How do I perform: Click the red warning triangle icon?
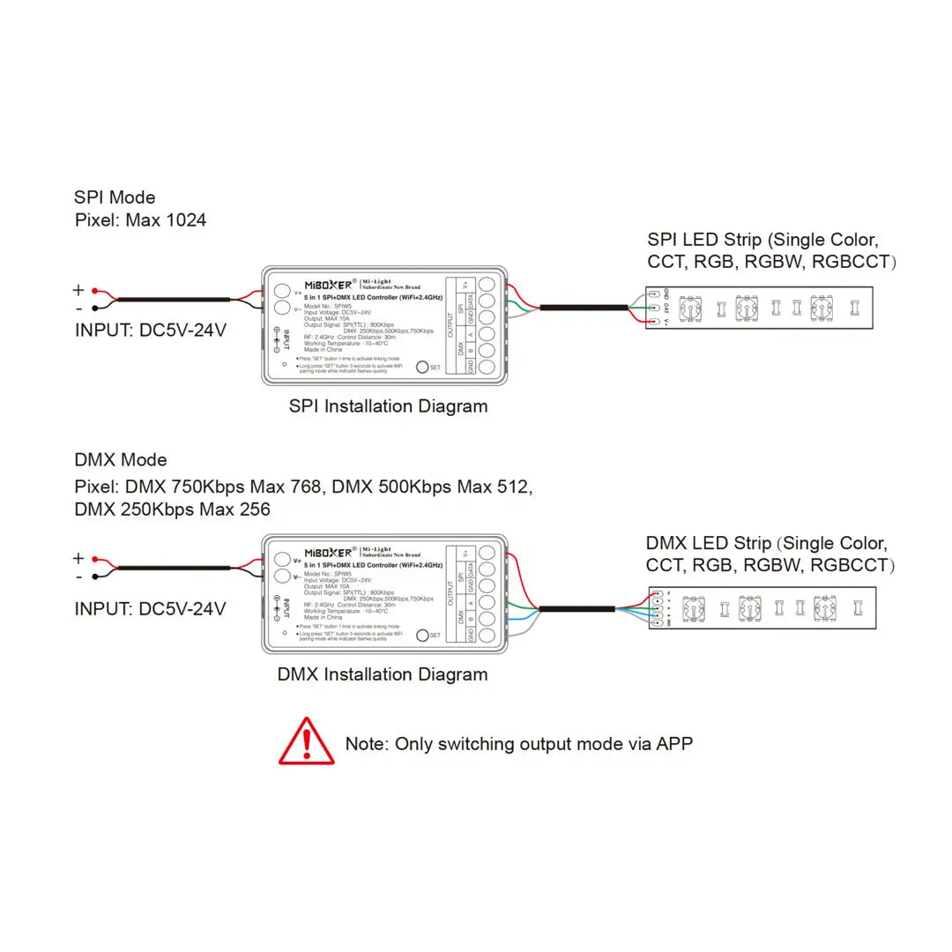click(x=307, y=742)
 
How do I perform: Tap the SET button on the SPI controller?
click(x=421, y=367)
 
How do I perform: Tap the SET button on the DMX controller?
click(x=421, y=635)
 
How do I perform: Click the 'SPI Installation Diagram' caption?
click(x=388, y=406)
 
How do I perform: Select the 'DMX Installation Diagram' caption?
click(x=383, y=674)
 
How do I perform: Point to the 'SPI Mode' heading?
click(x=115, y=197)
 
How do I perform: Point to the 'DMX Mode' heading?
click(x=121, y=459)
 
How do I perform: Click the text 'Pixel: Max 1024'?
click(x=140, y=219)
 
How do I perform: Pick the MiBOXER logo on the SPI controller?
click(x=330, y=284)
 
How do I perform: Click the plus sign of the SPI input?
click(x=78, y=290)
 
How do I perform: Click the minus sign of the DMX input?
click(x=78, y=576)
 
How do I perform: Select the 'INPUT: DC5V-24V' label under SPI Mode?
click(x=150, y=331)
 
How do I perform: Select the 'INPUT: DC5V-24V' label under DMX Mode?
click(x=150, y=608)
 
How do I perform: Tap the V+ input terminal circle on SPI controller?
click(x=281, y=290)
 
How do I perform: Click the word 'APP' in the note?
click(x=674, y=743)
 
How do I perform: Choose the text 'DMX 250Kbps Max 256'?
click(x=172, y=509)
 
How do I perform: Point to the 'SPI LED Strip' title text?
click(x=705, y=240)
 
